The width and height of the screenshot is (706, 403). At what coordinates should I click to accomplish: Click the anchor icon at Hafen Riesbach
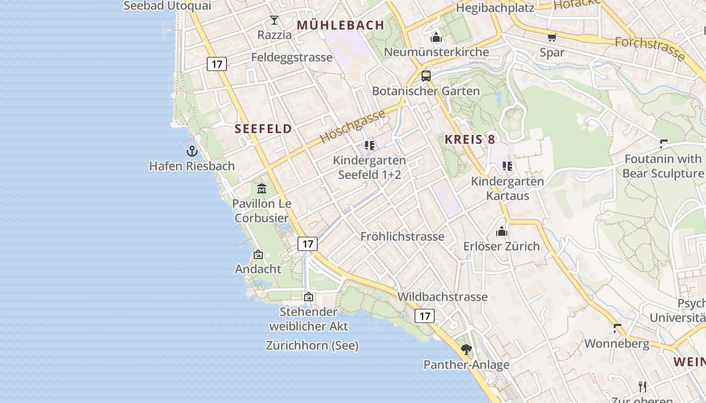tap(192, 151)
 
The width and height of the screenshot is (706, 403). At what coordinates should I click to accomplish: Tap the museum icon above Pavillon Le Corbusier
tap(262, 189)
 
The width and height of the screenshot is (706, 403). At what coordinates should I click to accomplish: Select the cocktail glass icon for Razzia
tap(274, 20)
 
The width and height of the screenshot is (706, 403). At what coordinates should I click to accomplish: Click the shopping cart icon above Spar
tap(552, 37)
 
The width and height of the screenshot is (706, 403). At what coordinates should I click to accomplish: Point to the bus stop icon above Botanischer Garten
tap(426, 76)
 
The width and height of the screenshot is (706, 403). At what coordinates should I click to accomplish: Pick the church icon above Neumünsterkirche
tap(436, 37)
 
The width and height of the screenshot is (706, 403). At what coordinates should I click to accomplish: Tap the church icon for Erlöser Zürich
tap(502, 231)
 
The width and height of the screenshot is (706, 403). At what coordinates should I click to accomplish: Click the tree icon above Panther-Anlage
tap(466, 349)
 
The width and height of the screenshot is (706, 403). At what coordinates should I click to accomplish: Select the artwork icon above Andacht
tap(258, 254)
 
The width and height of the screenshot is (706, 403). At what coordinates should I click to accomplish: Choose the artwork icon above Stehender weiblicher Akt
tap(309, 297)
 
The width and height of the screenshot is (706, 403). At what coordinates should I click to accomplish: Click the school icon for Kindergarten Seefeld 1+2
tap(370, 146)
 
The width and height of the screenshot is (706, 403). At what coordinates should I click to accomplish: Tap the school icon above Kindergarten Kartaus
tap(507, 166)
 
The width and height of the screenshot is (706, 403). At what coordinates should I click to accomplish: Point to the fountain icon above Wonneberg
tap(617, 328)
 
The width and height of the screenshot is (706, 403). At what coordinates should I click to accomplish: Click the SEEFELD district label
tap(263, 129)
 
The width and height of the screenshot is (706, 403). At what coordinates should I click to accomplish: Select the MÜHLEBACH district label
tap(341, 25)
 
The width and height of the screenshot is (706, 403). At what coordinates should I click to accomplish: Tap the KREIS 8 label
tap(470, 140)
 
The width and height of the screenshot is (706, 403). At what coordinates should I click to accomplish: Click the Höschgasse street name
tap(352, 126)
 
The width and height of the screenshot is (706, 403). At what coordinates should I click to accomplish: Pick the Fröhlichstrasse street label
tap(402, 236)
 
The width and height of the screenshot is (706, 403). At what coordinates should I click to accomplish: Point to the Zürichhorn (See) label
tap(312, 346)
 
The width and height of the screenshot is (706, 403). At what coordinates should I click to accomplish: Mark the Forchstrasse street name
tap(650, 49)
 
